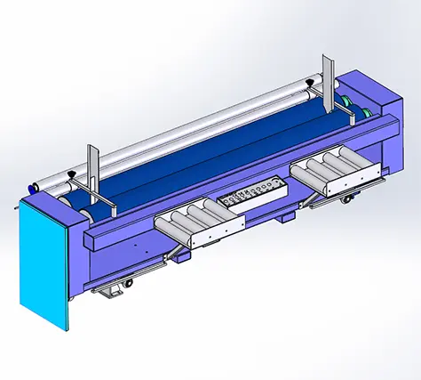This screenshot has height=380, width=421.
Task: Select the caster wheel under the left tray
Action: point(129,283)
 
